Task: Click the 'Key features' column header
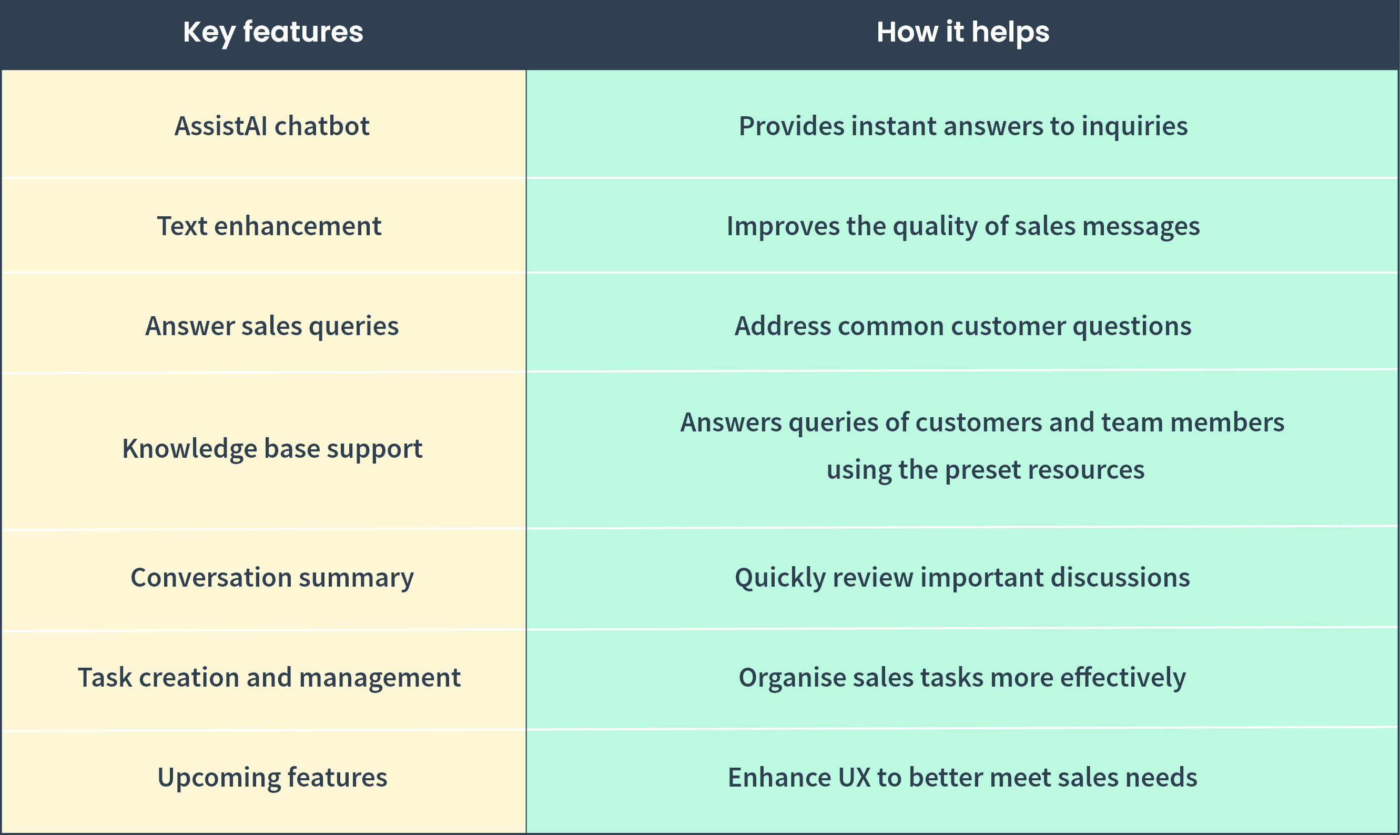(273, 32)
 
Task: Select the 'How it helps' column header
(962, 32)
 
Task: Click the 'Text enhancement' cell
(269, 226)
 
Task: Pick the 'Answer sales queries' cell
(272, 326)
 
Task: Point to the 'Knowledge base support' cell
(272, 449)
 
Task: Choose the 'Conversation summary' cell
(272, 578)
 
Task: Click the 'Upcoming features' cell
(272, 778)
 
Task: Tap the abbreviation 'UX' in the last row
(855, 778)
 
